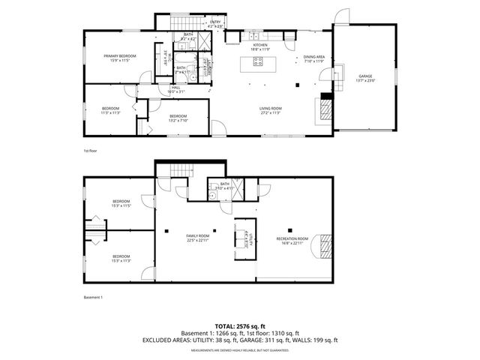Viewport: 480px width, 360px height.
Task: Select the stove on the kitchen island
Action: tap(258, 62)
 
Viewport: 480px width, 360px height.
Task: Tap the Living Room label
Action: tap(270, 111)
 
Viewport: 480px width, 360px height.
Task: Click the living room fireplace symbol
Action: tap(325, 111)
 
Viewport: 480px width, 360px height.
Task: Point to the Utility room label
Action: tap(253, 240)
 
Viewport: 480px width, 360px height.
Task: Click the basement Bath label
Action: tap(224, 186)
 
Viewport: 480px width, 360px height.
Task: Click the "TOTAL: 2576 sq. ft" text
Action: tap(240, 327)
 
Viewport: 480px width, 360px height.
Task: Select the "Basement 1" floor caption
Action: tap(93, 298)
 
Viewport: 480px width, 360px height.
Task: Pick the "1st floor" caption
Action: tap(90, 151)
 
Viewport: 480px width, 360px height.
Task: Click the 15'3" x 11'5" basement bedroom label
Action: tap(121, 203)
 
